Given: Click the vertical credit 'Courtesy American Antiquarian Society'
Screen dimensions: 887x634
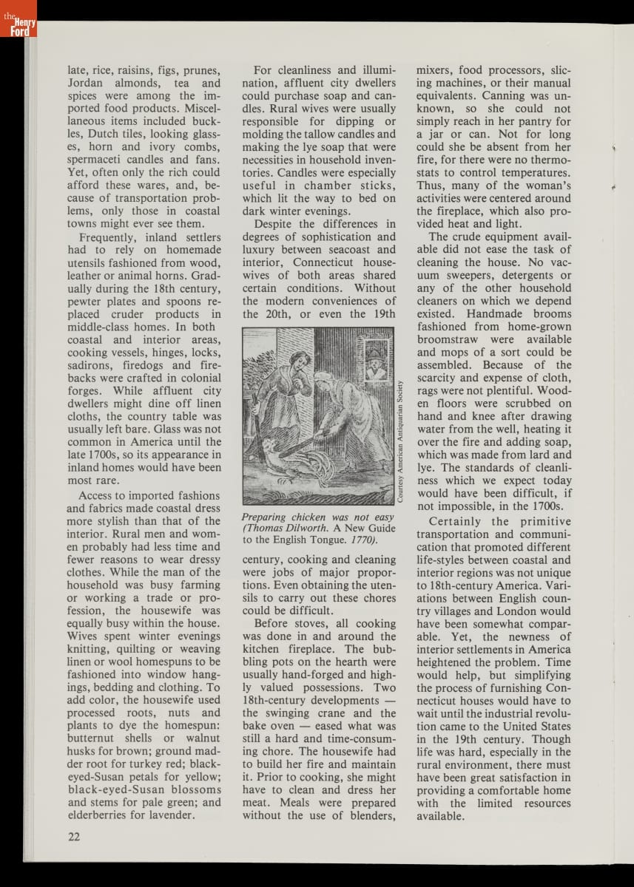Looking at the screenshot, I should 401,441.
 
